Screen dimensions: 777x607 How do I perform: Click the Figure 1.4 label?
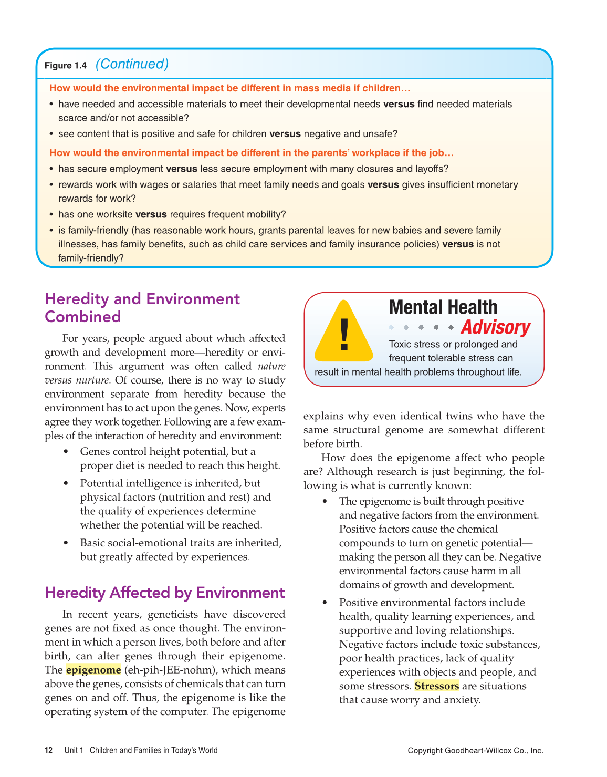(65, 66)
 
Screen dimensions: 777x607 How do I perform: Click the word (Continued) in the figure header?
(132, 64)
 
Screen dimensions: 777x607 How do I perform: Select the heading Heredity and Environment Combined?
(142, 308)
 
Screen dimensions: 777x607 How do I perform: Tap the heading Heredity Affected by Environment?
(164, 593)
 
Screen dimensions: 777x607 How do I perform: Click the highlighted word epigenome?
(93, 670)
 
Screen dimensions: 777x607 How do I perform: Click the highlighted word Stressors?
(436, 686)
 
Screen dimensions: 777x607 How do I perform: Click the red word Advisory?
(495, 327)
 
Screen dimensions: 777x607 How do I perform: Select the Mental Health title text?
(443, 307)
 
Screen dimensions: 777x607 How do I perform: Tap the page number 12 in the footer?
(48, 750)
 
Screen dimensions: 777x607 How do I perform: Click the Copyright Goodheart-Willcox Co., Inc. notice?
(475, 751)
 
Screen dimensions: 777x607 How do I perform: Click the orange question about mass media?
(229, 88)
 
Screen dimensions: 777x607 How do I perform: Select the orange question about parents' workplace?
(252, 153)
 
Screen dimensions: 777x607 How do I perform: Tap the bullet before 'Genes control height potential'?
(66, 452)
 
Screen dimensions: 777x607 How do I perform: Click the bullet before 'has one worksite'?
(51, 215)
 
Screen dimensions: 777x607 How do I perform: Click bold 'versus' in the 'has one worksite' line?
(151, 214)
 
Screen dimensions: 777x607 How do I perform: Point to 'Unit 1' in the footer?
(74, 750)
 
